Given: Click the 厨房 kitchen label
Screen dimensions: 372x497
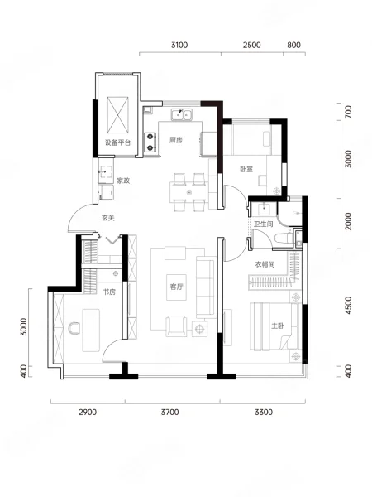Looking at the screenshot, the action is [x=175, y=140].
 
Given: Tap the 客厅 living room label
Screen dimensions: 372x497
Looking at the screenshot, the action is [x=176, y=287].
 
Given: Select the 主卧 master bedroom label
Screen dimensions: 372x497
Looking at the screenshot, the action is [x=278, y=326].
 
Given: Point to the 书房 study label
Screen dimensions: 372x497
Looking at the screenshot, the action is [x=109, y=292].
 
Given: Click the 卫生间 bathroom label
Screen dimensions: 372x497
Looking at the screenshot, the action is [x=264, y=224].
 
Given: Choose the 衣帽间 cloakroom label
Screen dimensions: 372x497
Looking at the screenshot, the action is [x=265, y=264].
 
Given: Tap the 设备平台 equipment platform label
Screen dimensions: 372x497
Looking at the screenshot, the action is [x=117, y=142].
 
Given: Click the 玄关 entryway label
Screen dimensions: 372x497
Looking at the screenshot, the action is [x=107, y=218].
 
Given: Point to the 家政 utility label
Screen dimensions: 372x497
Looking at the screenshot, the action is [x=123, y=181].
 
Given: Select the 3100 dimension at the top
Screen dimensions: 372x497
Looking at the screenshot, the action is [x=179, y=45].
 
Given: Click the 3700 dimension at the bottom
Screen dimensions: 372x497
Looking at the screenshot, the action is [x=169, y=412].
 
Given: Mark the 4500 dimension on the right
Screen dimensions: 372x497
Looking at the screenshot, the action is [x=348, y=305].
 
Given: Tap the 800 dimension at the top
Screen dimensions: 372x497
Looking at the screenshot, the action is [x=293, y=45].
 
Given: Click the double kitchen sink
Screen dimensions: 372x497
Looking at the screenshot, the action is [x=182, y=115].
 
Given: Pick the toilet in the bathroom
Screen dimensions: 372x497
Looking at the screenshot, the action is [x=284, y=239].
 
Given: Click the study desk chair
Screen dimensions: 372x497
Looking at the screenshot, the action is [x=74, y=328].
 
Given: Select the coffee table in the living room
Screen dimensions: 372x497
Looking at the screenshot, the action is [x=177, y=287].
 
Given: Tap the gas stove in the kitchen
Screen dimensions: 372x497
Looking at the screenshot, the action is [x=150, y=142].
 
